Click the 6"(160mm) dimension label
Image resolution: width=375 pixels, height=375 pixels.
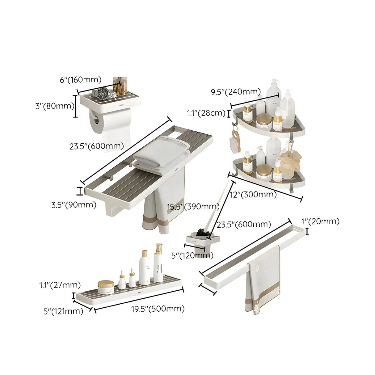80,80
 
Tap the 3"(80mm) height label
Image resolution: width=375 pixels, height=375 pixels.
54,106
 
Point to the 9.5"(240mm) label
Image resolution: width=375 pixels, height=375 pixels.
236,92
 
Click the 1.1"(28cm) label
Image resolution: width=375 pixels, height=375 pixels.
206,113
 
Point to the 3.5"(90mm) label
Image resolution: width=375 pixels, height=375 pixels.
74,204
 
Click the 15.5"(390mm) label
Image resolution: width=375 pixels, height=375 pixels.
193,206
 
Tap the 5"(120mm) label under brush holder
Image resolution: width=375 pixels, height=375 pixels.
192,255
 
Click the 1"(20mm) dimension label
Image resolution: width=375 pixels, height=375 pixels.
320,221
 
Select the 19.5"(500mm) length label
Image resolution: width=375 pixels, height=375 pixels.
158,309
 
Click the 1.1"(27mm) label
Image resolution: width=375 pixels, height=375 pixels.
60,285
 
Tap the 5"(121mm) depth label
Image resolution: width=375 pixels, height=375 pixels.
63,311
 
